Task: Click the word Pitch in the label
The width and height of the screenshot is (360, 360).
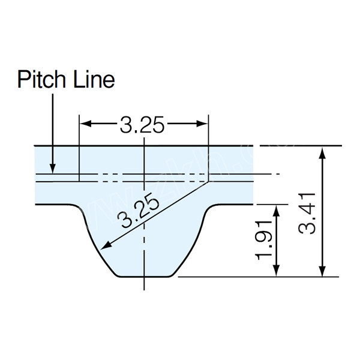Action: [x=41, y=79]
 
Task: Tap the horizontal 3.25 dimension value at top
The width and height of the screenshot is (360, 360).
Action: [x=142, y=125]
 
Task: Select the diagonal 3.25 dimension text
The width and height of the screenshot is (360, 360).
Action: [x=140, y=213]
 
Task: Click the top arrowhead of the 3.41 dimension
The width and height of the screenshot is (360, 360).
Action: [x=323, y=151]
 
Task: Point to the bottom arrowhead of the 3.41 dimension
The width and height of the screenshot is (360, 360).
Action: [x=323, y=272]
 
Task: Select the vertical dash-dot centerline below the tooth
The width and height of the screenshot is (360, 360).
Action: [x=144, y=284]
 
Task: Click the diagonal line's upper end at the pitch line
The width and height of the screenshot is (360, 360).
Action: [x=208, y=181]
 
